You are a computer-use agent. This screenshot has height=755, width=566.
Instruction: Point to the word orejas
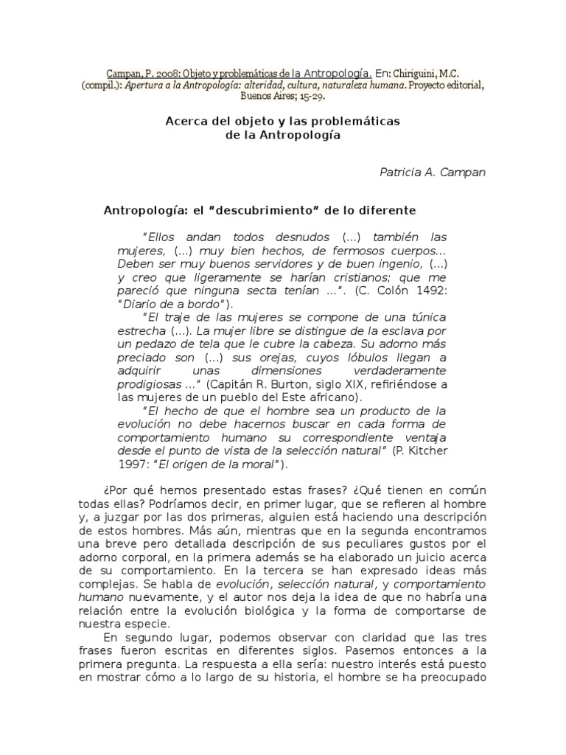pos(262,358)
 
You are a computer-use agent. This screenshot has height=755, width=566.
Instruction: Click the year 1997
pos(133,464)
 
